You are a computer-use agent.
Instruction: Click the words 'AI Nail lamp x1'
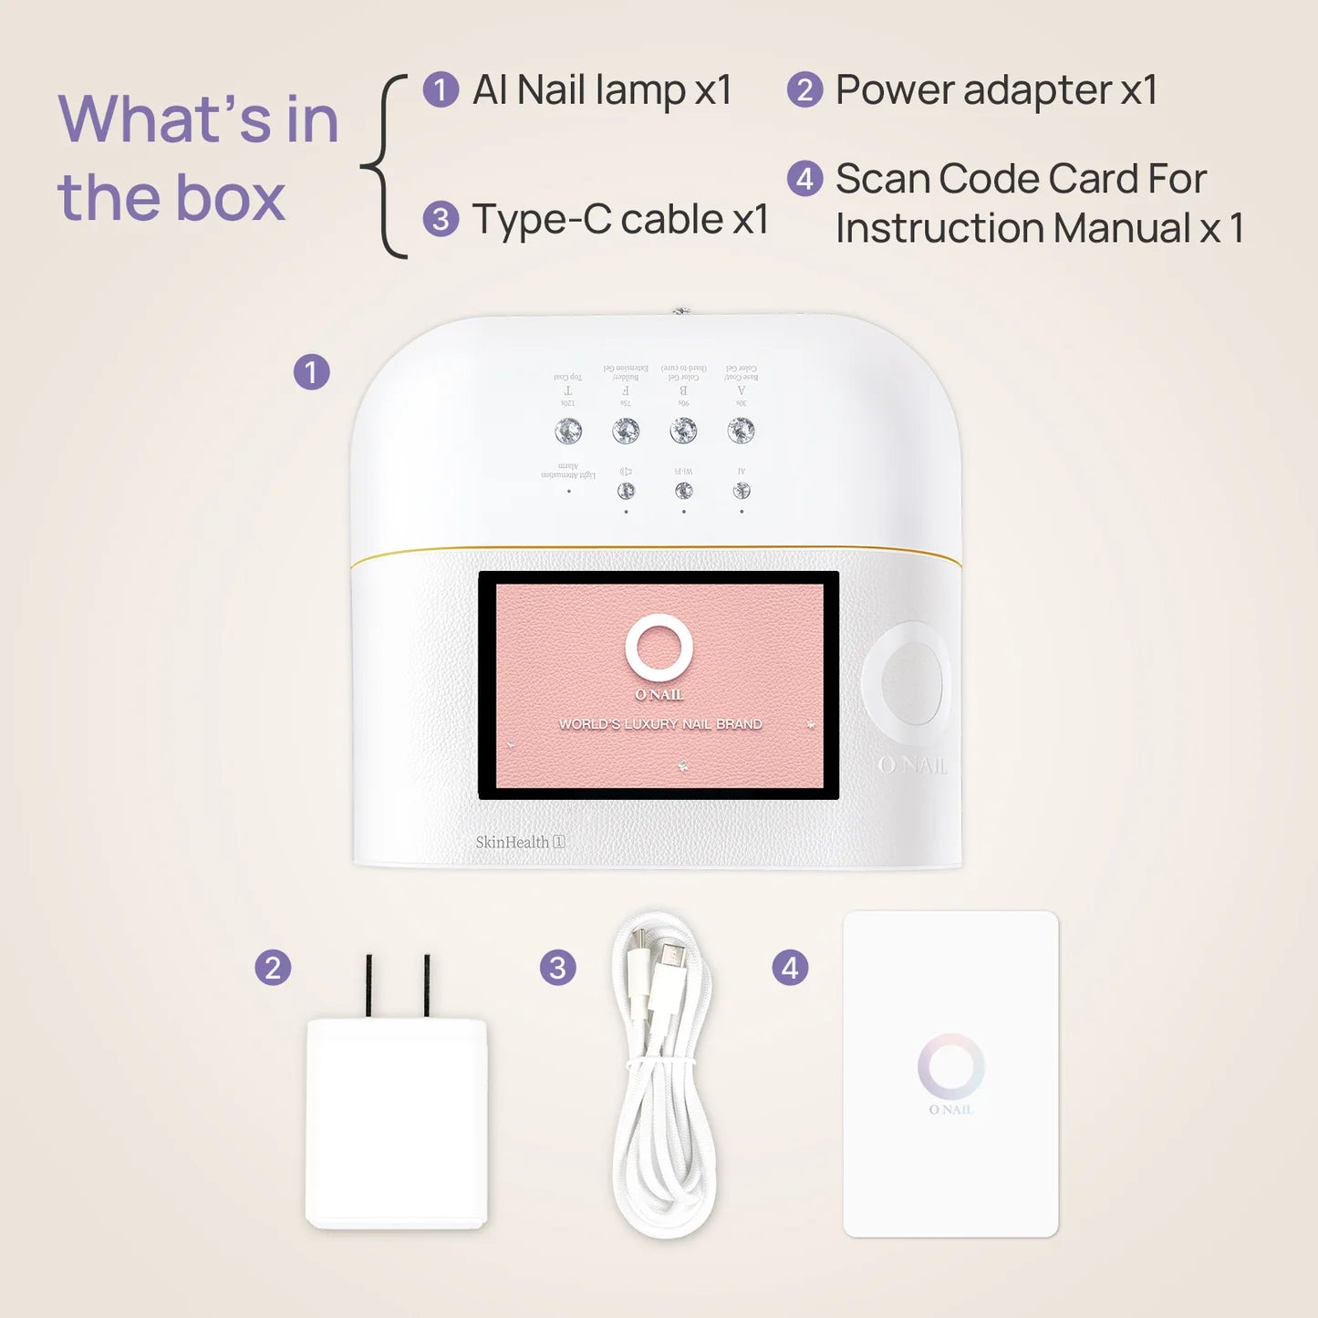(x=602, y=90)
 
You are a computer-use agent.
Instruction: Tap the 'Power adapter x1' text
(x=996, y=90)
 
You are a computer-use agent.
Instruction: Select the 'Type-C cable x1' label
(x=620, y=220)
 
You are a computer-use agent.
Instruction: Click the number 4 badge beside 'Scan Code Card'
(x=804, y=179)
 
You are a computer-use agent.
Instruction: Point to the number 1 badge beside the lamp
(x=311, y=372)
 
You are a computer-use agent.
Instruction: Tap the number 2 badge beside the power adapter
(x=273, y=968)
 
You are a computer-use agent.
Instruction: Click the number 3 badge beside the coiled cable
(x=557, y=968)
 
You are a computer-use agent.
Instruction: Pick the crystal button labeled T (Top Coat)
(x=568, y=431)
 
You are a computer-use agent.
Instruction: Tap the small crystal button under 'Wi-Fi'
(x=683, y=491)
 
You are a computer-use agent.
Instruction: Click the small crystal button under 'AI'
(x=742, y=491)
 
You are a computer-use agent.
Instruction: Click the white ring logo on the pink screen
(x=659, y=648)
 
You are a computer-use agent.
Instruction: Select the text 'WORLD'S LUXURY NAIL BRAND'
(x=660, y=724)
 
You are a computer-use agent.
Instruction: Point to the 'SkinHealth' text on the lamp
(x=513, y=842)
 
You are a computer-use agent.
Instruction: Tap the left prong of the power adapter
(x=368, y=985)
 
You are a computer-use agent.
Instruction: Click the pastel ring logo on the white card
(x=950, y=1066)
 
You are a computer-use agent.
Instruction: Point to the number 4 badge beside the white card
(x=790, y=968)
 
